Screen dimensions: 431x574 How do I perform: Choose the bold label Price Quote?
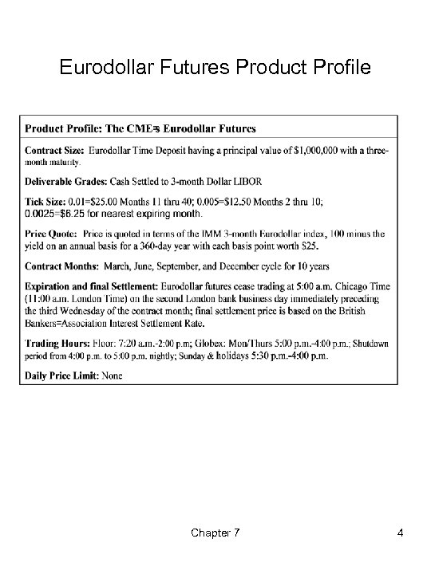(51, 234)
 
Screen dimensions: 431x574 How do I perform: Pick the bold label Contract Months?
(61, 265)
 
